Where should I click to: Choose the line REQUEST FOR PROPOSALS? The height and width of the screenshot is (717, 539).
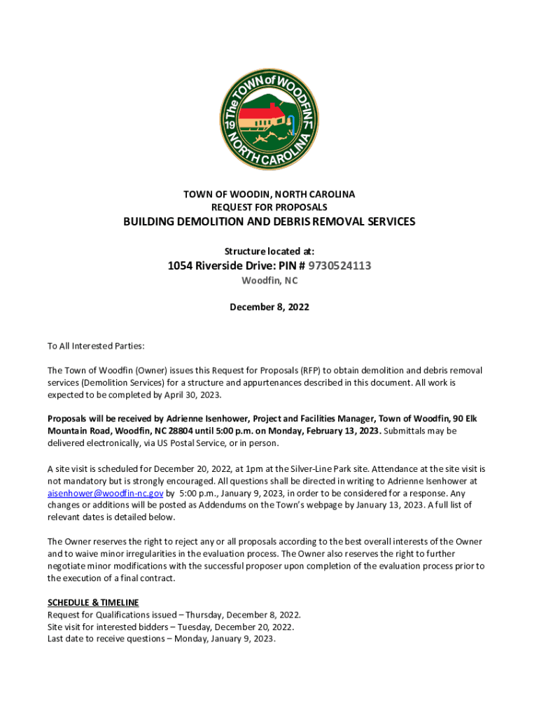coord(269,207)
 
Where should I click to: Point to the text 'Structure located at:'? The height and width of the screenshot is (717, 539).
coord(269,251)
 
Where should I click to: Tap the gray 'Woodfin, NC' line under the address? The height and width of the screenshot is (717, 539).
coord(269,281)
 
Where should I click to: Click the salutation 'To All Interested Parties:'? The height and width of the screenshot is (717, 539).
coord(96,346)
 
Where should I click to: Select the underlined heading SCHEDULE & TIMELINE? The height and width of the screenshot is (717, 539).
coord(93,602)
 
